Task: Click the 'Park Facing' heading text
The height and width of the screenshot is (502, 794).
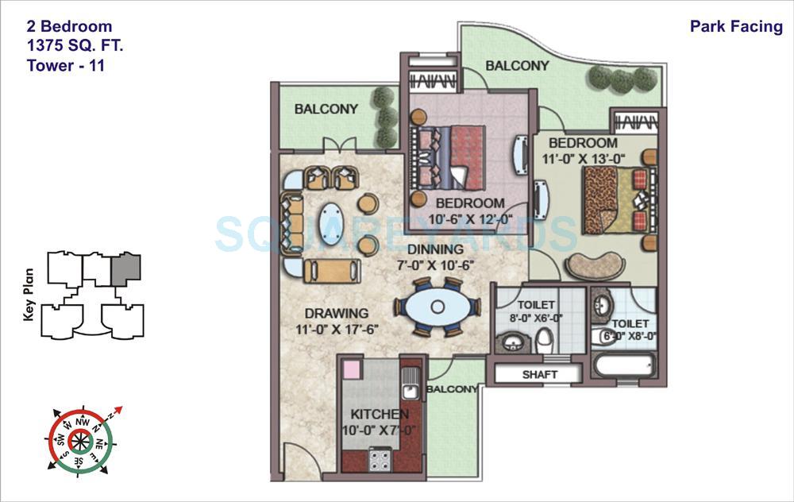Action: [736, 27]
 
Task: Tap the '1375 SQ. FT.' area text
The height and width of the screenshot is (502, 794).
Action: [75, 46]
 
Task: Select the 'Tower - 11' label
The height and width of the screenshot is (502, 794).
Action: [66, 65]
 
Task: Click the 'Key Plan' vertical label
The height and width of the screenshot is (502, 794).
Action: [29, 295]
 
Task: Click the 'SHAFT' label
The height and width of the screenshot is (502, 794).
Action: [540, 374]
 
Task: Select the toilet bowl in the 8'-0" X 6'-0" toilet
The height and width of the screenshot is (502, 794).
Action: [544, 340]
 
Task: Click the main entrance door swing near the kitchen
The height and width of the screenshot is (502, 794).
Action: [299, 461]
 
